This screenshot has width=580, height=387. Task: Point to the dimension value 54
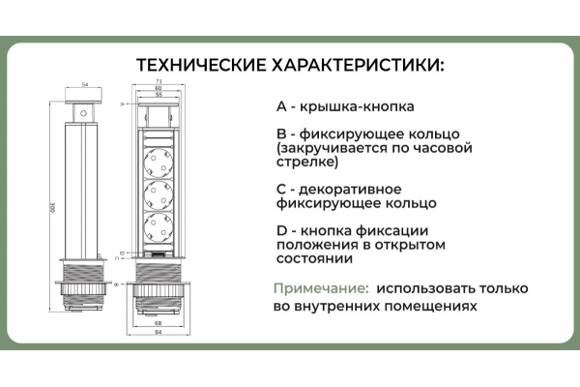click(85, 85)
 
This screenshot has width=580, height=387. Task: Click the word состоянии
click(313, 258)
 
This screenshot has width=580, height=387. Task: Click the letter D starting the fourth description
click(280, 230)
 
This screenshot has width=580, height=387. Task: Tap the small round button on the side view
click(84, 114)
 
